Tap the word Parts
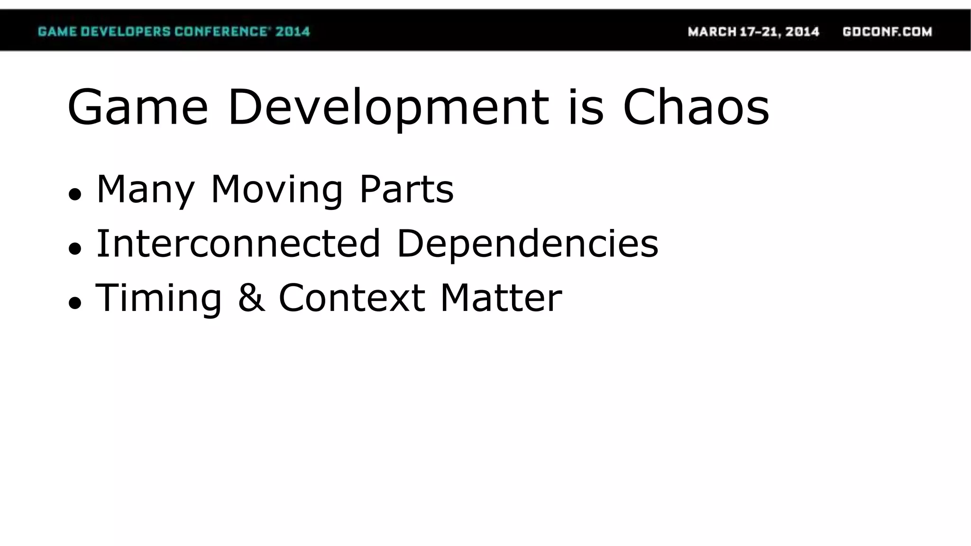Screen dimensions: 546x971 click(406, 190)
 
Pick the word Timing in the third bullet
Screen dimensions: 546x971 click(159, 299)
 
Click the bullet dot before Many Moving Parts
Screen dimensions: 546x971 click(75, 194)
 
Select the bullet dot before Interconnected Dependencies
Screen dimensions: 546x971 click(75, 248)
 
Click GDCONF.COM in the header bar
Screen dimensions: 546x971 click(887, 32)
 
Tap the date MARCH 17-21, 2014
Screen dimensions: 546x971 click(753, 32)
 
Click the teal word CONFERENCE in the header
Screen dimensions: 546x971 click(221, 32)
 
